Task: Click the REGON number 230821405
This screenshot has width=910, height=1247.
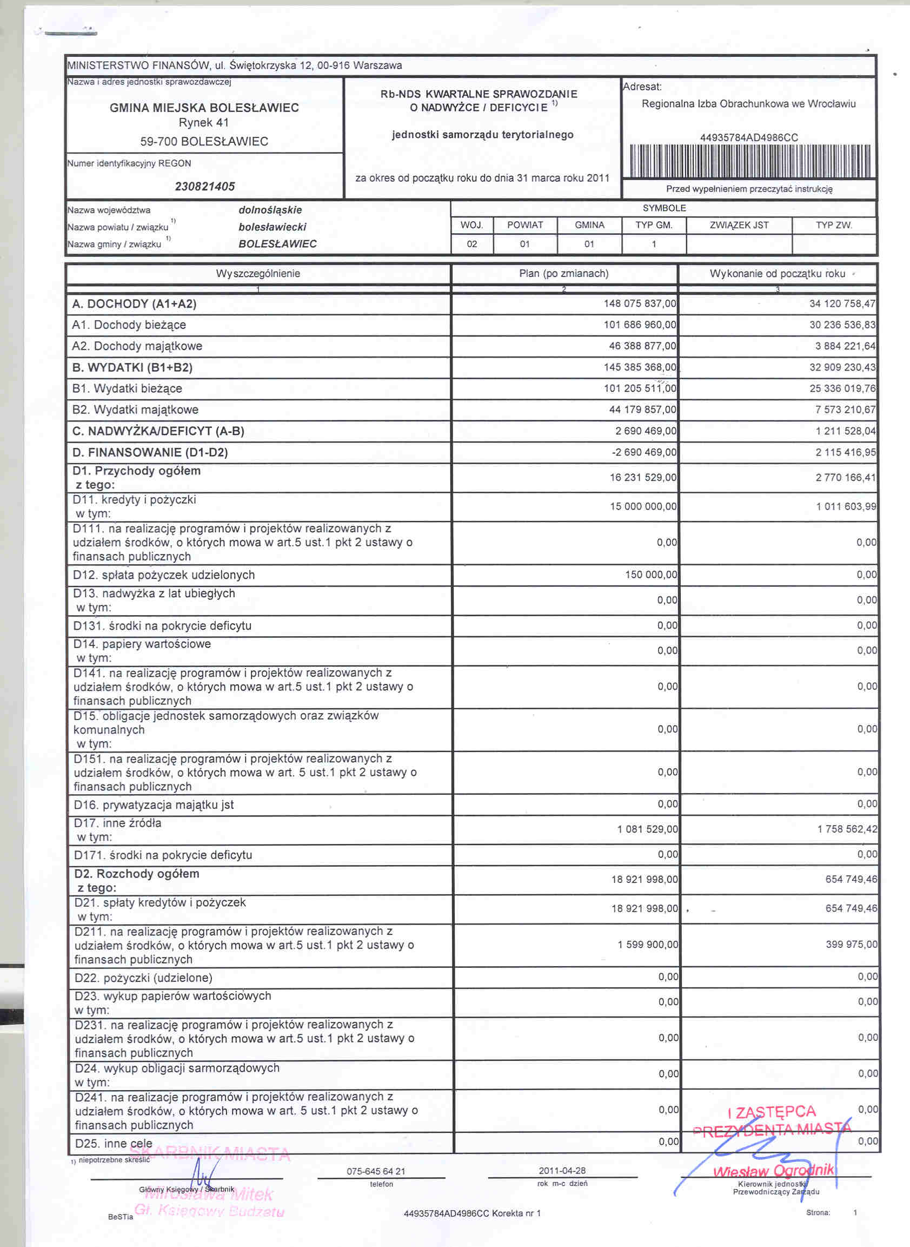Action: tap(204, 186)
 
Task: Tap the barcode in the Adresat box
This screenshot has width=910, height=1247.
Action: tap(750, 161)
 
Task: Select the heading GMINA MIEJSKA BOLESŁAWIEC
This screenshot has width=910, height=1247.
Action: tap(204, 108)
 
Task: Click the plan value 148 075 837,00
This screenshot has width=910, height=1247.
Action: tap(640, 303)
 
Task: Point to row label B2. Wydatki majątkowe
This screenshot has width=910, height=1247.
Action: tap(135, 410)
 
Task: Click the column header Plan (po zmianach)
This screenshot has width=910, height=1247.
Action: tap(563, 274)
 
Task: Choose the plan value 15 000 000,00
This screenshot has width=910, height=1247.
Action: tap(643, 506)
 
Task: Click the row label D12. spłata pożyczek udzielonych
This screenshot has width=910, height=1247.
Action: tap(164, 575)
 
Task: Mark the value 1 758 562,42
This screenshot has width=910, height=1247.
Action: tap(847, 829)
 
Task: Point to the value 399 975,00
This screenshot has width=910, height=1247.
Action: tap(851, 945)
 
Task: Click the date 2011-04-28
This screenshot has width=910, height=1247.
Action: tap(562, 1170)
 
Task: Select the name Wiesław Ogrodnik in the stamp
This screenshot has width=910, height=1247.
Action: tap(773, 1171)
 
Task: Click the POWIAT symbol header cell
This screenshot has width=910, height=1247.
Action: tap(525, 226)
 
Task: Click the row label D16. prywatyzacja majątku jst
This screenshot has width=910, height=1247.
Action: tap(154, 805)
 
